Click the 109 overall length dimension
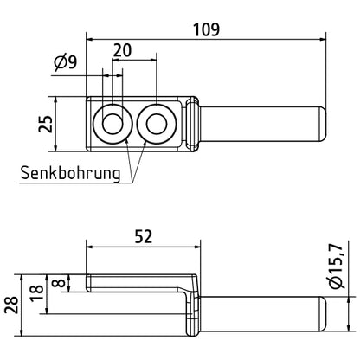pos(205,28)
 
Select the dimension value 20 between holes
pos(122,50)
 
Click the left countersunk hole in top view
pos(112,124)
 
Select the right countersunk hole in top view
pos(157,124)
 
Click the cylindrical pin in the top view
pos(260,124)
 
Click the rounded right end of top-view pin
pos(321,124)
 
